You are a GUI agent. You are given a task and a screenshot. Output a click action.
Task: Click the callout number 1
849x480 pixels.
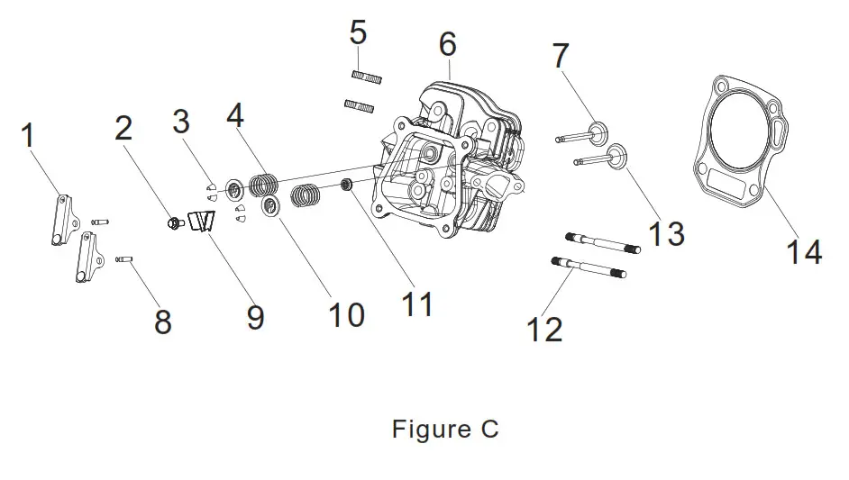[28, 138]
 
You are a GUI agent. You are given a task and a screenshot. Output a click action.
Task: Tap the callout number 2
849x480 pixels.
[123, 128]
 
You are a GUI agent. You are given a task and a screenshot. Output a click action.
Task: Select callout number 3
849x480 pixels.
[181, 121]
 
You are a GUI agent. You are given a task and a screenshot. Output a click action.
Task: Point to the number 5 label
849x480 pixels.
[358, 33]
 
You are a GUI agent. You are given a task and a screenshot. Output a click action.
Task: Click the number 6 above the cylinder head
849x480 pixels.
[447, 43]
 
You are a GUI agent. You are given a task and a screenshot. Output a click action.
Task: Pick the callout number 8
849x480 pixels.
[162, 320]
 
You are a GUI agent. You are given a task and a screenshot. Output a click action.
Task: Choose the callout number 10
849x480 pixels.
[346, 314]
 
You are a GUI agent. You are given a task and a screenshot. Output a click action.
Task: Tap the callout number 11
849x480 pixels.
[417, 303]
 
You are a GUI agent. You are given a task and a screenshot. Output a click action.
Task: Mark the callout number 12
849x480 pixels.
[544, 329]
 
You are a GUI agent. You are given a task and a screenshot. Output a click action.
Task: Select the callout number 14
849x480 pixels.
[803, 251]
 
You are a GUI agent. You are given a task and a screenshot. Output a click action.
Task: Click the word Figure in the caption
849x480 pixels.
[419, 430]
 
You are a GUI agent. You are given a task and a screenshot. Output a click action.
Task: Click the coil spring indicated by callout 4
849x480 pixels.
[263, 184]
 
